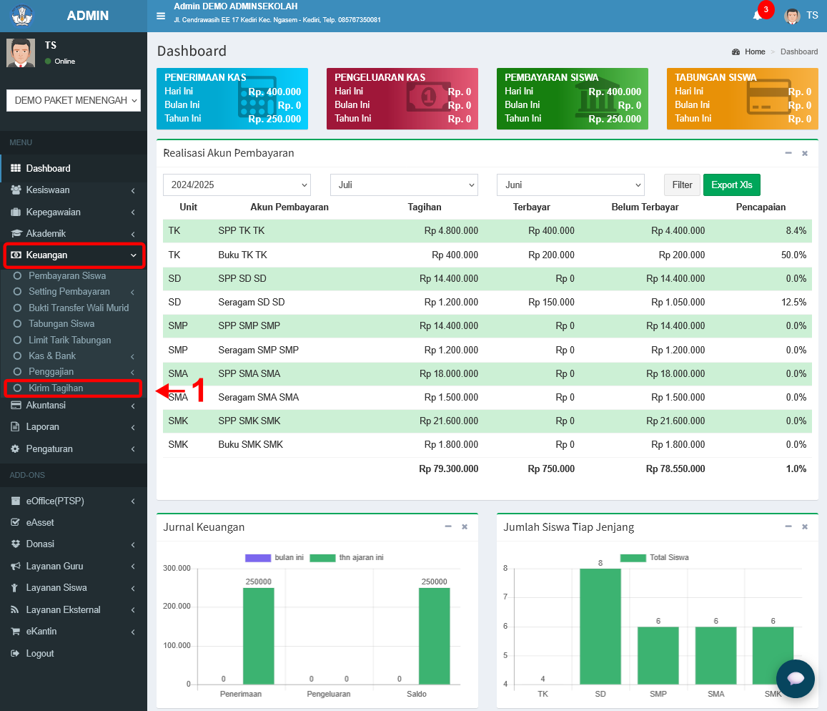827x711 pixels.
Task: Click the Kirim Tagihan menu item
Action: tap(56, 388)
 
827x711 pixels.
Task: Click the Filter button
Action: tap(682, 185)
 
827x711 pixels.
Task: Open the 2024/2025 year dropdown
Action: tap(237, 185)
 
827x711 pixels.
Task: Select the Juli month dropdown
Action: tap(404, 185)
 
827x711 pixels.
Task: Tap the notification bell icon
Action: tap(758, 15)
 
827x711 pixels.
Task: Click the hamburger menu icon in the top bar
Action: tap(161, 16)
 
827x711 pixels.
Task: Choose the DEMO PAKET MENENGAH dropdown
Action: tap(74, 100)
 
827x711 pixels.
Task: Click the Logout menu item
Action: tap(40, 654)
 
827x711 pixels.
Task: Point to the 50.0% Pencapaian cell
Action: tap(793, 255)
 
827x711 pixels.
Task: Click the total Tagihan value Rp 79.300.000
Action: tap(448, 469)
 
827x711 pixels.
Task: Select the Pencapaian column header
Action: tap(761, 207)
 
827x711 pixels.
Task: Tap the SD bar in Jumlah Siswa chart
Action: tap(600, 627)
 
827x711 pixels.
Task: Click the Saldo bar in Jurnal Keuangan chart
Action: tap(434, 636)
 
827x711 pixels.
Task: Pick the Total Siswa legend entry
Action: tap(654, 557)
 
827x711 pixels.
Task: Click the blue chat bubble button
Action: tap(795, 678)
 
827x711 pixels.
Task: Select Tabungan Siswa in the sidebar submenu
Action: tap(61, 323)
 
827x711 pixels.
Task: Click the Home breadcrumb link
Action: tap(755, 52)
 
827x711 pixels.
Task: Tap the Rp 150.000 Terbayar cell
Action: tap(551, 302)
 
